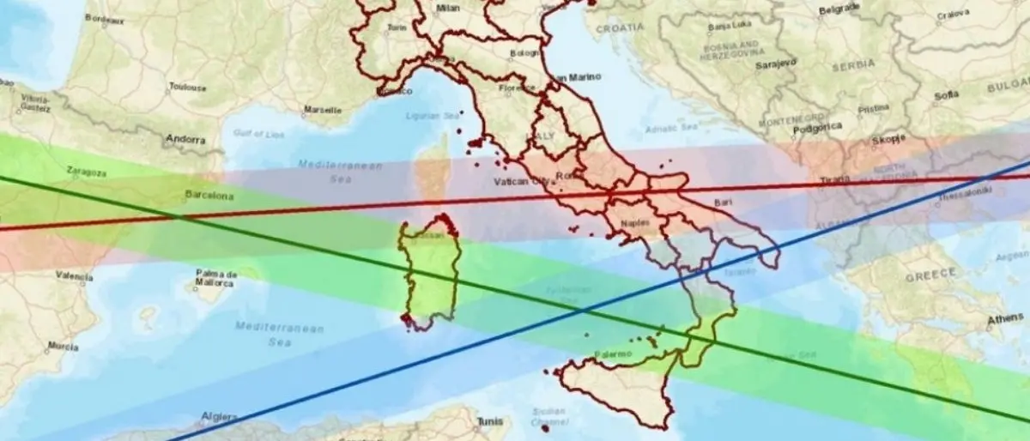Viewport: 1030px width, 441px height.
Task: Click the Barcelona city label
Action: (x=209, y=196)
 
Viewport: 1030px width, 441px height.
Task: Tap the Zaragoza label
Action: (x=86, y=172)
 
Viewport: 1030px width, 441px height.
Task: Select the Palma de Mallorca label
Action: (x=215, y=277)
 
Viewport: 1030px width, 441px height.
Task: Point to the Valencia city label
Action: (x=74, y=276)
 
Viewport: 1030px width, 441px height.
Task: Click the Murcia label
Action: (x=64, y=347)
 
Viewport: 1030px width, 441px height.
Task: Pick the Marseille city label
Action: (x=323, y=110)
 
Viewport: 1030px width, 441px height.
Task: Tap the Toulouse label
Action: (x=188, y=87)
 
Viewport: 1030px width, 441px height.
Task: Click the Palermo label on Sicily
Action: (x=613, y=353)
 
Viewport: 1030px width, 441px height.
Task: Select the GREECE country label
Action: (x=931, y=273)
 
